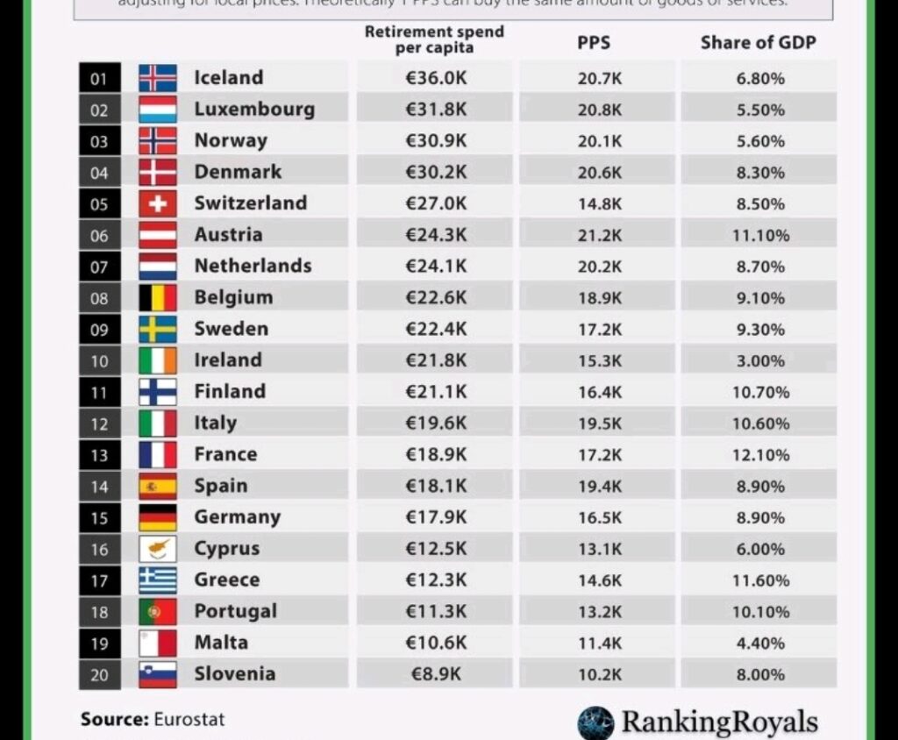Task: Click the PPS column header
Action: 594,42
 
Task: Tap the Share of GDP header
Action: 758,42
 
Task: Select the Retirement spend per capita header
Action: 434,39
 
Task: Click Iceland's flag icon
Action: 158,78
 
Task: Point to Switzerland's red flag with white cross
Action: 158,203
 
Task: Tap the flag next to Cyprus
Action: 158,549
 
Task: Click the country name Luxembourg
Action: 254,110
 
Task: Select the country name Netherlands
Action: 253,266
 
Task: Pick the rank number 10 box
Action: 99,361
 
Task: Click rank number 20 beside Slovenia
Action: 99,675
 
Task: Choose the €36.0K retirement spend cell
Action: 436,78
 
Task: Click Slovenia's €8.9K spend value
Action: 436,674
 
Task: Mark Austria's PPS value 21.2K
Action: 600,235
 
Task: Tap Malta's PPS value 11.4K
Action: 600,643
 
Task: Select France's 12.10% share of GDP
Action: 760,455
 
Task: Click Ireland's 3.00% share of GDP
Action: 760,360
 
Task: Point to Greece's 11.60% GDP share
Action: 760,580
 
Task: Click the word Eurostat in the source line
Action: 189,720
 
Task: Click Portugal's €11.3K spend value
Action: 436,611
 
